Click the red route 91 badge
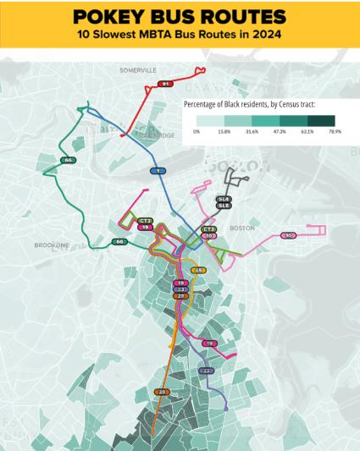pyautogui.click(x=165, y=84)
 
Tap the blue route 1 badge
pyautogui.click(x=157, y=171)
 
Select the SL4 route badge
pyautogui.click(x=224, y=199)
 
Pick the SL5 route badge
pyautogui.click(x=224, y=206)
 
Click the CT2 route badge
pyautogui.click(x=146, y=221)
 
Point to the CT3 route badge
pyautogui.click(x=209, y=229)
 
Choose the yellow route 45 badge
pyautogui.click(x=199, y=270)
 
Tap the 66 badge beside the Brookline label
pyautogui.click(x=120, y=242)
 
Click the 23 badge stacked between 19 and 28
pyautogui.click(x=180, y=289)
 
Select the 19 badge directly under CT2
pyautogui.click(x=146, y=228)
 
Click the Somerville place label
pyautogui.click(x=138, y=69)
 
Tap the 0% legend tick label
pyautogui.click(x=196, y=132)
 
